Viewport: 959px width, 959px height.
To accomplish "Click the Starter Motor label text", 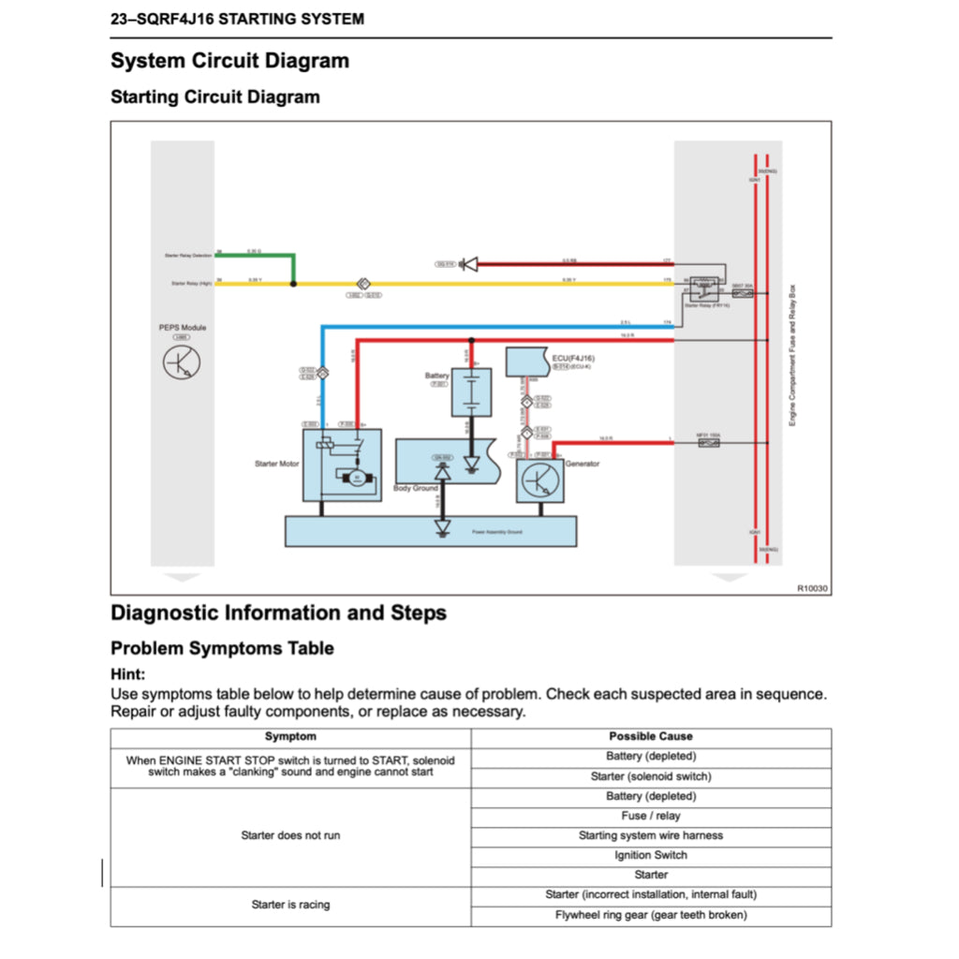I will click(277, 465).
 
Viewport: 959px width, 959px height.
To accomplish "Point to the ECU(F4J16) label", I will click(574, 358).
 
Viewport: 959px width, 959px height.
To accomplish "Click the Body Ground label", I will click(416, 489).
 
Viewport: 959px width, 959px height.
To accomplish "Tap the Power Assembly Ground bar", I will click(430, 531).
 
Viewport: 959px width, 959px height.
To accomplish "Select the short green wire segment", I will click(293, 268).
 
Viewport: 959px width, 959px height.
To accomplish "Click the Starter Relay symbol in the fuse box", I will click(704, 291).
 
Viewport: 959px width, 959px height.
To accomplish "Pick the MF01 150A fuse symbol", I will click(709, 442).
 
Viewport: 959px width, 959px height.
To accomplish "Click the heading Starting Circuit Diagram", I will click(214, 97).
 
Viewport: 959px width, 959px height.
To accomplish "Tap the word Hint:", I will click(127, 674).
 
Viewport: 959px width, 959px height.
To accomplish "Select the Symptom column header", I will click(290, 737).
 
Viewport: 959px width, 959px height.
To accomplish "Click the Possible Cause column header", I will click(651, 737).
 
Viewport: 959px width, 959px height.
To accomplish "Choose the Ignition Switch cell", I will click(651, 855).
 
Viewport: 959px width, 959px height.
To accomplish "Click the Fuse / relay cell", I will click(651, 816).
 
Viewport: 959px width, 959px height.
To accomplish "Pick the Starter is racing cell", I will click(290, 905).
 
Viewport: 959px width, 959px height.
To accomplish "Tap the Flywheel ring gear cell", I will click(651, 915).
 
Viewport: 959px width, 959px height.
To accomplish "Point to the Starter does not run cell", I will click(290, 835).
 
